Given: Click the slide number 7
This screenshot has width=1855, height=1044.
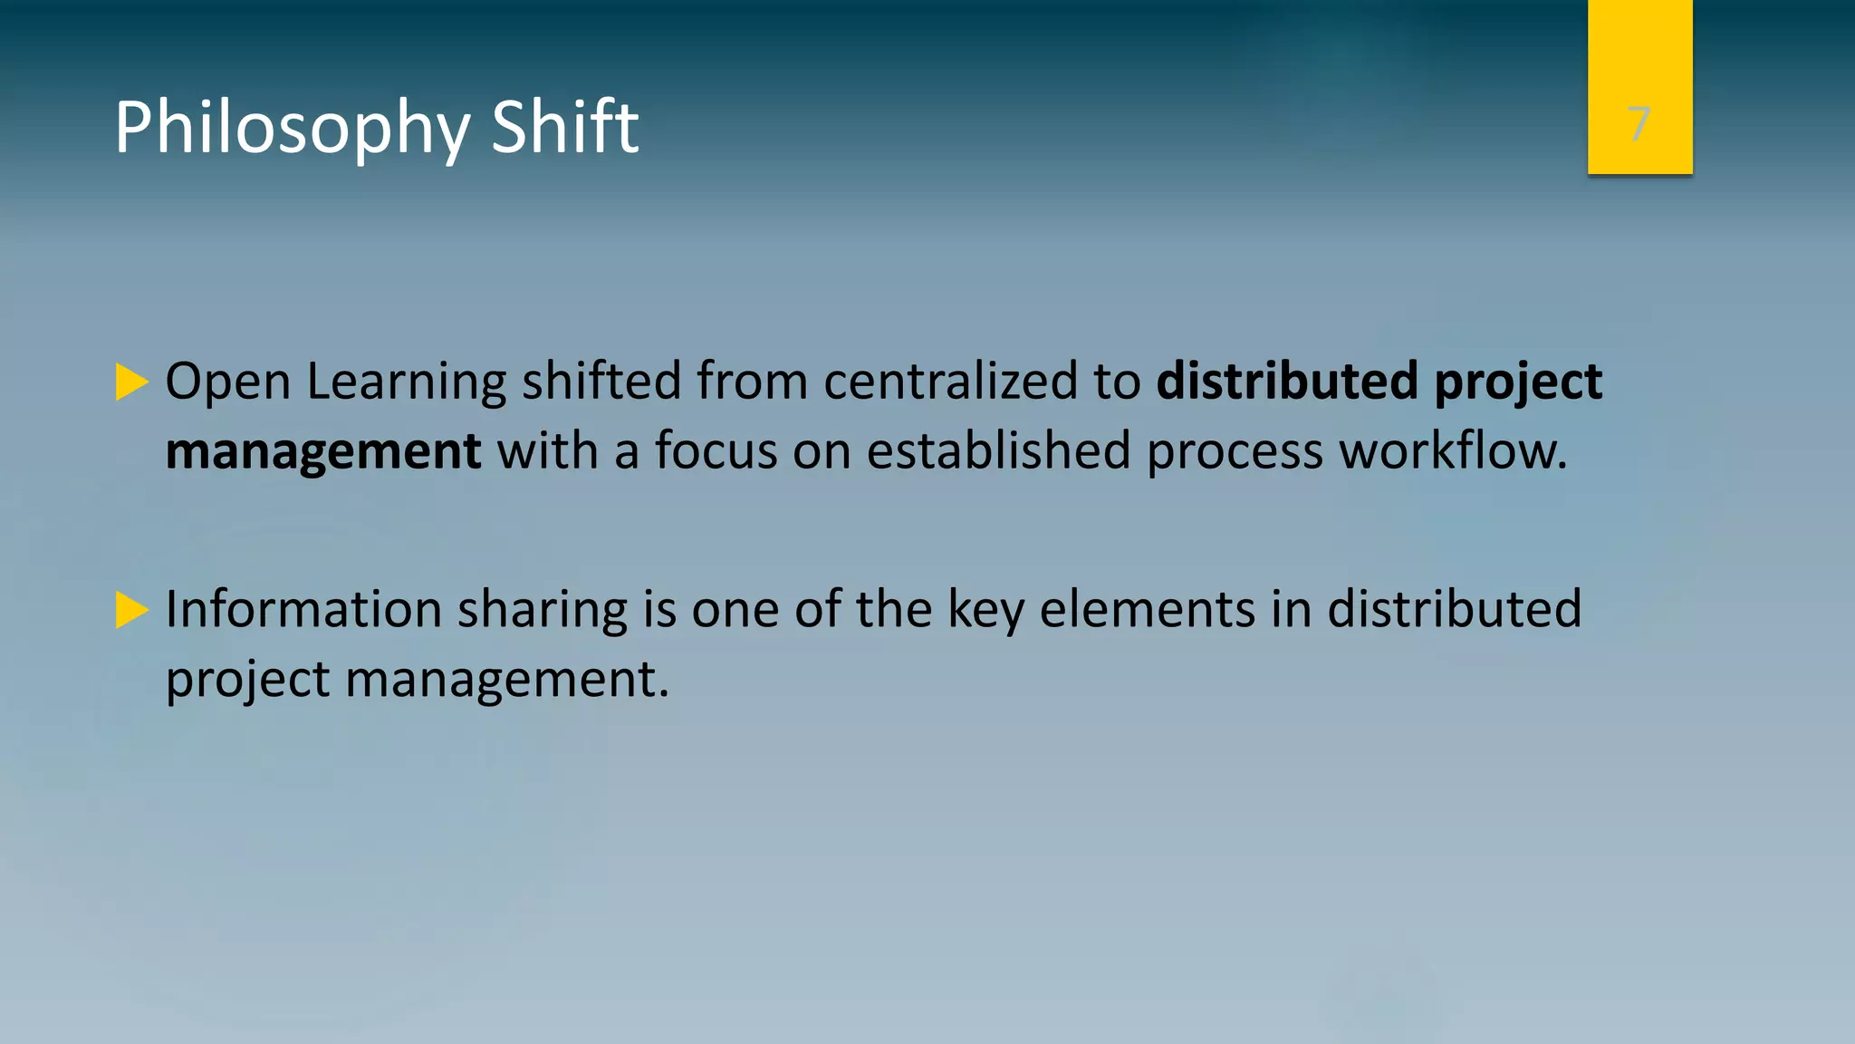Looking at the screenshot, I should pos(1639,124).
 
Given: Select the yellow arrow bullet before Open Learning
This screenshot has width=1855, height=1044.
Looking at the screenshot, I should pos(132,382).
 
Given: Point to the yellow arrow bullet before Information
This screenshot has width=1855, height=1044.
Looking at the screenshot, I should pos(132,610).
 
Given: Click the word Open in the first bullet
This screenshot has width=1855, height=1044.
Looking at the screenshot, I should pos(227,382).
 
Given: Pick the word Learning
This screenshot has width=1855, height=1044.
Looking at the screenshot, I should pos(406,382).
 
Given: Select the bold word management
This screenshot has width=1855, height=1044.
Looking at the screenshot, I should pos(323,450).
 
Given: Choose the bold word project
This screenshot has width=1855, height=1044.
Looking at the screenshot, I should pos(1518,382).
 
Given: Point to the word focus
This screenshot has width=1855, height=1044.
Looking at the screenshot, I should pos(716,450).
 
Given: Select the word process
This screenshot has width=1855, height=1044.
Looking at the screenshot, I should pos(1235,452).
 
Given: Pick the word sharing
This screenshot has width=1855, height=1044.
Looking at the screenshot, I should pos(542,610).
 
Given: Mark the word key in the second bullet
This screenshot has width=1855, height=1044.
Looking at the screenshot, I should pos(985,610).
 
